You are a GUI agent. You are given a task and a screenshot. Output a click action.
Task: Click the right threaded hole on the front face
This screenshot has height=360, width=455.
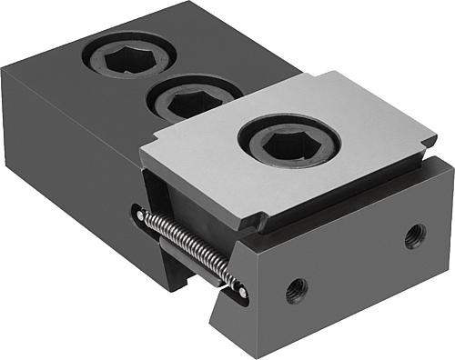tap(414, 236)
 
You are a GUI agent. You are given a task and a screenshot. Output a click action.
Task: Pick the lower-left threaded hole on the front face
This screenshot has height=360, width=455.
tap(296, 290)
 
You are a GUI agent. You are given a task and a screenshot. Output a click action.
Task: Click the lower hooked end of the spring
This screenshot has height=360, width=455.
tap(240, 290)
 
